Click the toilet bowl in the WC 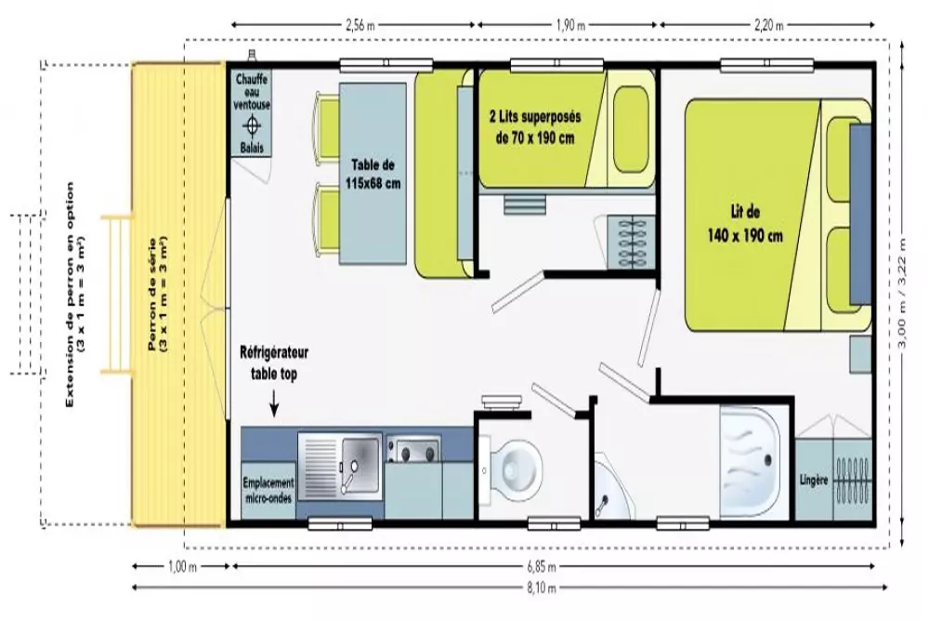pyautogui.click(x=516, y=468)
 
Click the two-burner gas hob pyautogui.click(x=413, y=450)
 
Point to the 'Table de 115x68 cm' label pyautogui.click(x=373, y=174)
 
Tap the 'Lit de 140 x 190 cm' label pyautogui.click(x=745, y=224)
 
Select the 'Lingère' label pyautogui.click(x=813, y=481)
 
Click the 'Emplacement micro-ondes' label pyautogui.click(x=268, y=490)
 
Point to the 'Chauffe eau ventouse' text pyautogui.click(x=252, y=91)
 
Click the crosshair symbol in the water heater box pyautogui.click(x=252, y=125)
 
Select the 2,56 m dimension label pyautogui.click(x=360, y=25)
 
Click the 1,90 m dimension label pyautogui.click(x=570, y=25)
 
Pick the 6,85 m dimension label pyautogui.click(x=542, y=567)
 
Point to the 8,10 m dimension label pyautogui.click(x=542, y=588)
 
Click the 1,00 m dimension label pyautogui.click(x=182, y=567)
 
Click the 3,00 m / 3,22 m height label pyautogui.click(x=902, y=294)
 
